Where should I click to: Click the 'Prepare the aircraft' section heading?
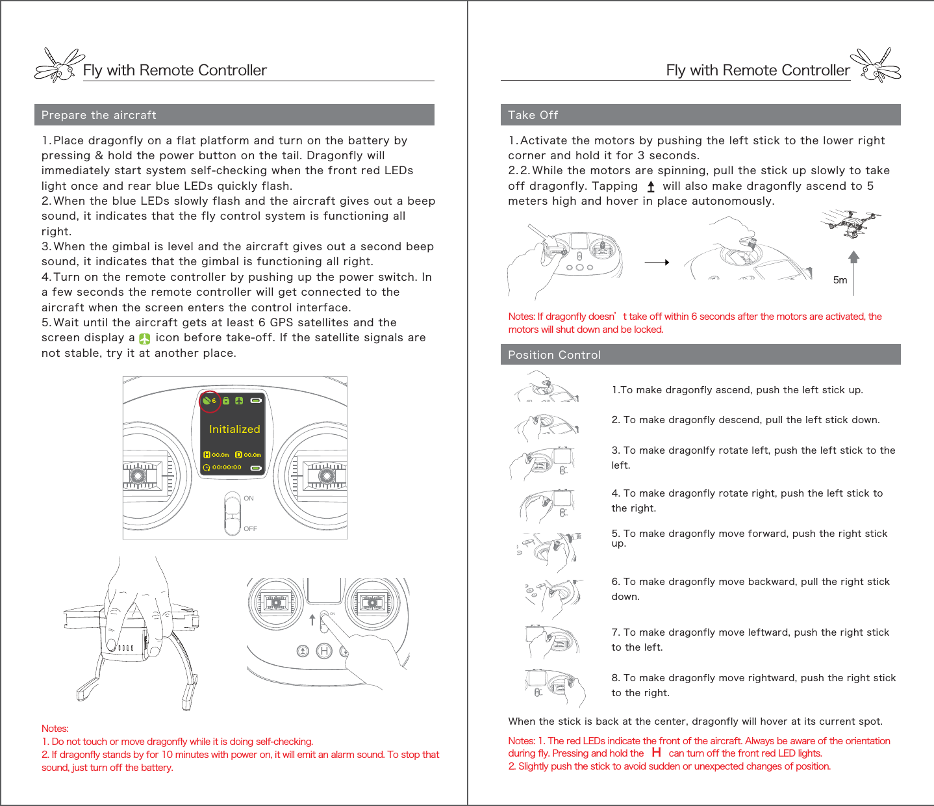coord(99,115)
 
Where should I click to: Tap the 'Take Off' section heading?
coord(533,115)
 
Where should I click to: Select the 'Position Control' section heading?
coord(554,355)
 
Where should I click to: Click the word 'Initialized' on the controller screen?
coord(234,429)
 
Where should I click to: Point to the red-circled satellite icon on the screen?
coord(209,400)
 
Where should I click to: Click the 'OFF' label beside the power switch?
coord(250,529)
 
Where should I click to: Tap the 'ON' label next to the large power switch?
coord(249,499)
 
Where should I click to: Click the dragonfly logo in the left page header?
coord(58,66)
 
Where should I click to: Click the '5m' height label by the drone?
coord(840,280)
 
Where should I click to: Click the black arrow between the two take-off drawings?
coord(657,263)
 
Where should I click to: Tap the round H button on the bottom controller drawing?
coord(323,651)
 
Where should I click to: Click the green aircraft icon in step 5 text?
coord(145,339)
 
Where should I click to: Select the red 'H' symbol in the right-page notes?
coord(657,753)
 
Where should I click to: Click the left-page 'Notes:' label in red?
coord(55,729)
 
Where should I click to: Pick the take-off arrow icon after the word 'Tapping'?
coord(651,187)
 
